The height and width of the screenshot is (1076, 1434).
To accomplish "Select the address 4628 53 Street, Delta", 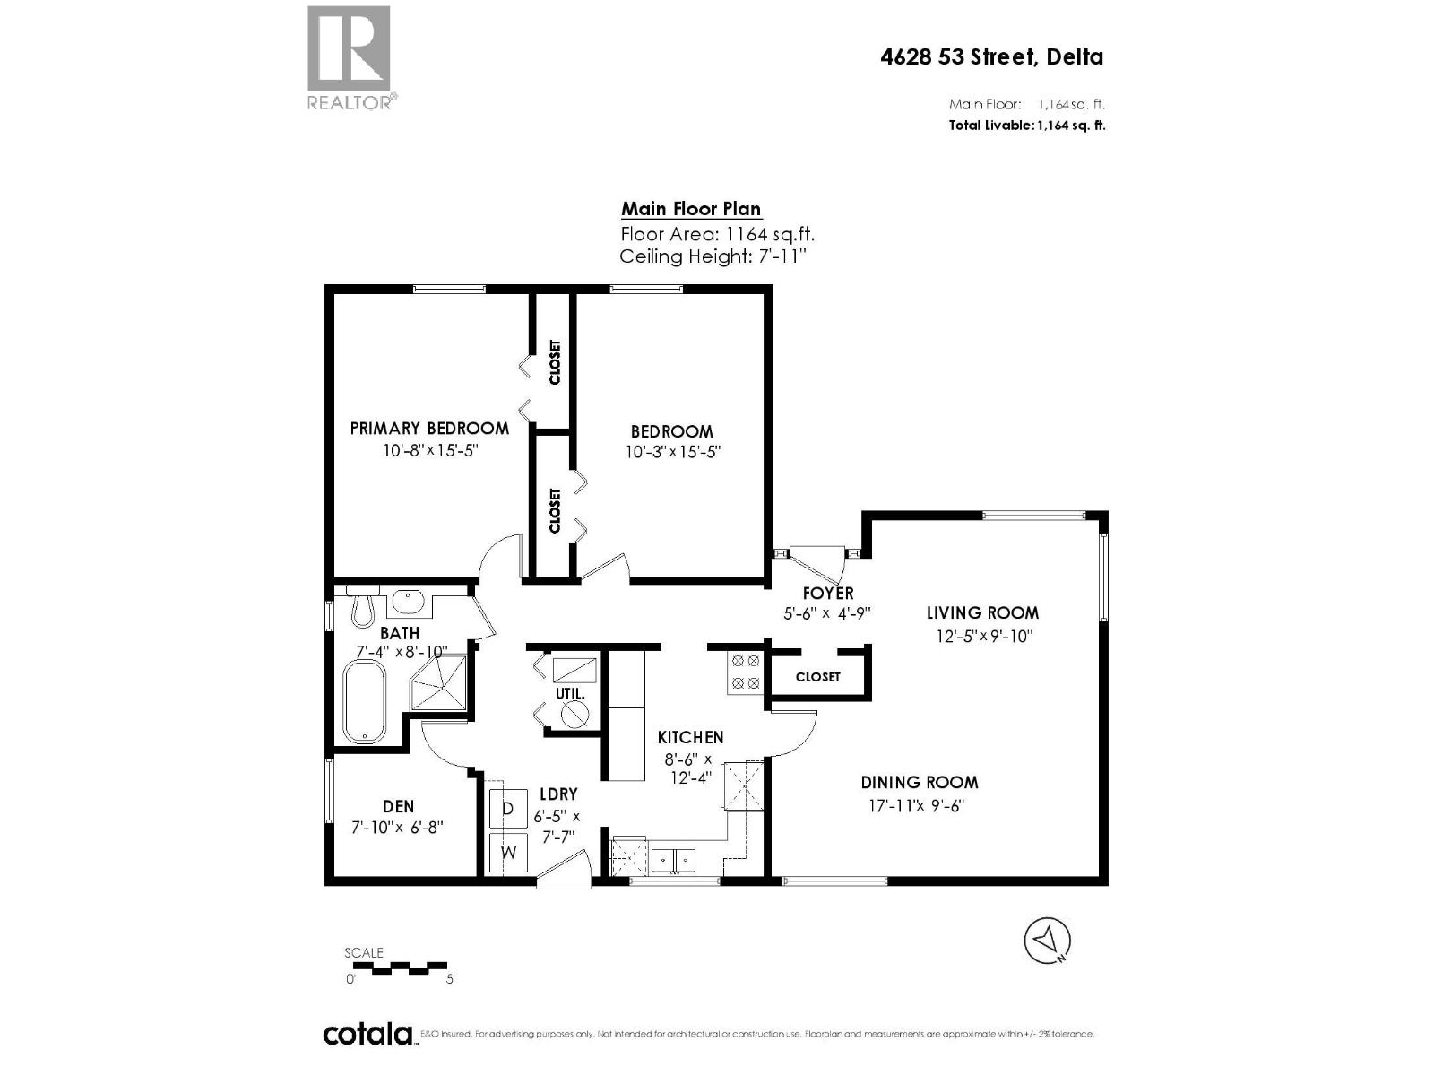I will tap(991, 57).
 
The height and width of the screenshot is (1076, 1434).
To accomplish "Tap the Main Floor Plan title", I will tap(691, 209).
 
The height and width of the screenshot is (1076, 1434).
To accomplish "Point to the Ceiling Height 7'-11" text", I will tap(713, 257).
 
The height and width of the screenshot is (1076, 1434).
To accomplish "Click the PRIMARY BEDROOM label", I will tap(429, 429).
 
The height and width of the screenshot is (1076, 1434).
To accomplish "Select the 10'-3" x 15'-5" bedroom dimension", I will tap(673, 453).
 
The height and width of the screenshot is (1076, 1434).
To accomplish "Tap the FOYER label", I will tap(827, 593).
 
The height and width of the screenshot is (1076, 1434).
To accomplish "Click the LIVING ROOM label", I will tap(982, 613).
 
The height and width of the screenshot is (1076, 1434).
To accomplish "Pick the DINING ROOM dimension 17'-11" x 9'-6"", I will tap(916, 805).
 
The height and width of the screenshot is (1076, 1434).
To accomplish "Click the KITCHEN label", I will tap(690, 737).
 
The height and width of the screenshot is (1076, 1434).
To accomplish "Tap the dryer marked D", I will tap(508, 809).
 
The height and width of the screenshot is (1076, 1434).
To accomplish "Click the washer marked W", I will tap(508, 853).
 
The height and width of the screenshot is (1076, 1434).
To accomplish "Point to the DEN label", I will tap(398, 807).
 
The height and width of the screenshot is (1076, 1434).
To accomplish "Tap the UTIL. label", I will tap(570, 694).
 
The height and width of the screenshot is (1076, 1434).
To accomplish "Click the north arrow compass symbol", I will tap(1047, 941).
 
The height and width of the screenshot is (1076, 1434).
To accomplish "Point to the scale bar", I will tap(397, 968).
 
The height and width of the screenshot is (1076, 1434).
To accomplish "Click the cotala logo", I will tap(367, 1035).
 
